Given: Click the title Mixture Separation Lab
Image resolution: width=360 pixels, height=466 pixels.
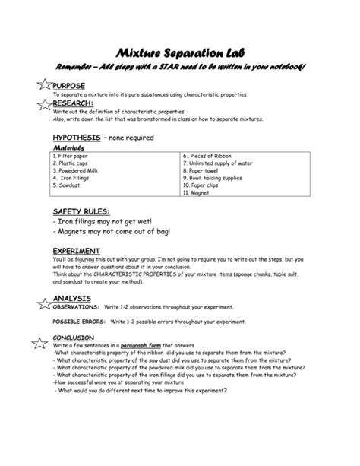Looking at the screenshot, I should (x=178, y=52).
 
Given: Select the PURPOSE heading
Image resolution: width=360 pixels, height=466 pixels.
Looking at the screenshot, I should (x=69, y=86).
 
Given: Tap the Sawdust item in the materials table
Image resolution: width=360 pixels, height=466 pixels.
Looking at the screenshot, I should (x=69, y=185).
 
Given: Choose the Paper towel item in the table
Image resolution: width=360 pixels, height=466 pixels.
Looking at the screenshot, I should (x=207, y=170).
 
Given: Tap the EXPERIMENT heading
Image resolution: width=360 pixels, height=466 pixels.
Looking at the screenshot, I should (x=77, y=250).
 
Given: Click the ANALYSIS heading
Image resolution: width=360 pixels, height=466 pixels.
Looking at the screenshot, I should (x=72, y=298).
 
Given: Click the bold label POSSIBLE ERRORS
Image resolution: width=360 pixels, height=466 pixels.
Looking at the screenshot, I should (x=77, y=322).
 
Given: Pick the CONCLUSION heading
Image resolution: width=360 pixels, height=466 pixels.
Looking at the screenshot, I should (x=74, y=338).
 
